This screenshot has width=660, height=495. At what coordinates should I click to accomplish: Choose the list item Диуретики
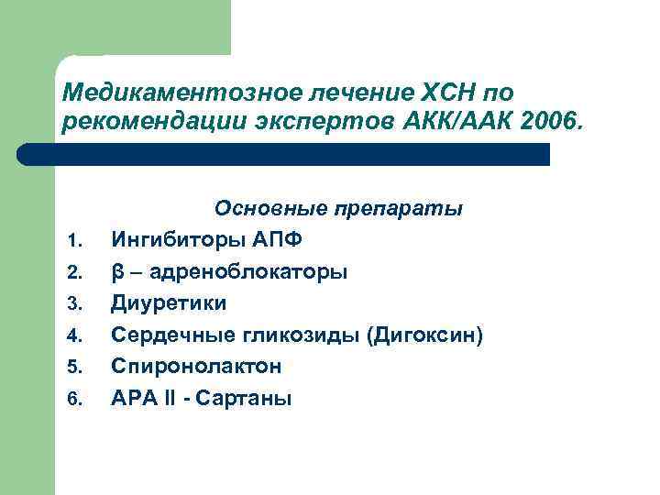pyautogui.click(x=168, y=303)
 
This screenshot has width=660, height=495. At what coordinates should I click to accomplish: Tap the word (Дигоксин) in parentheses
pyautogui.click(x=424, y=335)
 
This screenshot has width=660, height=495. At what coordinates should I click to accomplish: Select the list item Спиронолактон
pyautogui.click(x=196, y=367)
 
